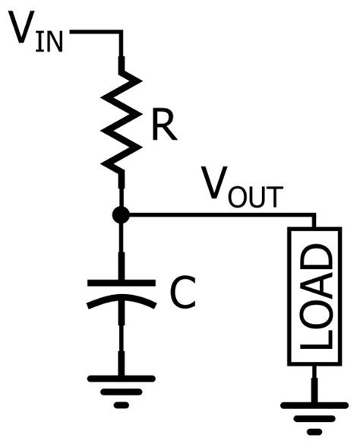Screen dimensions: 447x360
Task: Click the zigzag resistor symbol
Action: point(121,122)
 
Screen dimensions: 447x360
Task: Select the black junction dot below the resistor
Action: point(120,216)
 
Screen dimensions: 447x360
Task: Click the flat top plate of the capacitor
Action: point(120,284)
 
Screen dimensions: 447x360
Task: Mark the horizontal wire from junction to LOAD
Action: point(220,216)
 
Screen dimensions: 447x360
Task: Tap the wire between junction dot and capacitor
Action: point(120,251)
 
